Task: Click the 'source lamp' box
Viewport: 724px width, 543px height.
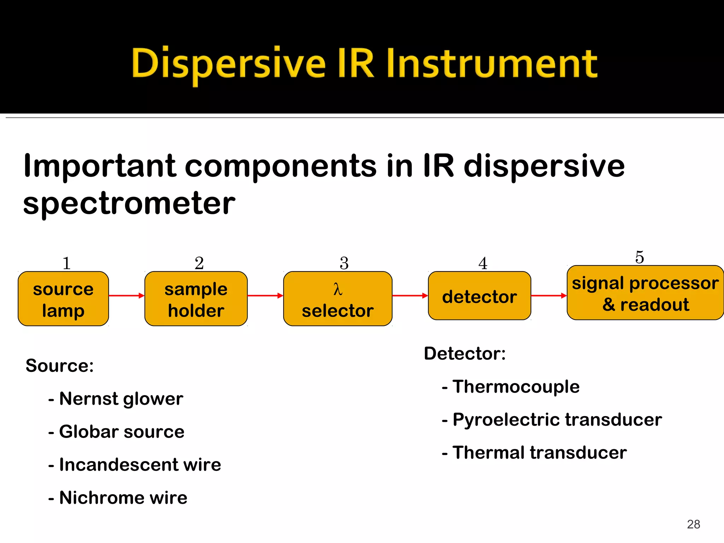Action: point(63,299)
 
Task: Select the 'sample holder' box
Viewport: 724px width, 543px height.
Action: point(196,299)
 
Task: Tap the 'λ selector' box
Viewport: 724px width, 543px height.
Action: point(338,299)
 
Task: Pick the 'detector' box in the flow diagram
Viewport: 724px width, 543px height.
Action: point(479,296)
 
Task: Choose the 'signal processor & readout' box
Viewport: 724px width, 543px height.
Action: point(645,293)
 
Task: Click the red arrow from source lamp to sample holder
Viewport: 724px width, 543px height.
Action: point(127,296)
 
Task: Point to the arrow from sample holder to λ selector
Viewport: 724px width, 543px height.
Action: point(265,296)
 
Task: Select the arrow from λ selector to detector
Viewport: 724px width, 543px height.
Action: point(410,296)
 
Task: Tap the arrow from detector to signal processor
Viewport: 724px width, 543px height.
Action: point(549,296)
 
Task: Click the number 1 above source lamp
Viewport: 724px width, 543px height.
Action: point(66,263)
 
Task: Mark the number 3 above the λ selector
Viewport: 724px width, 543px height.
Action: point(344,263)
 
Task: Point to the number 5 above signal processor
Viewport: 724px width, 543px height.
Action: point(640,257)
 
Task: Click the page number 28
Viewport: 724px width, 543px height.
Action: point(693,524)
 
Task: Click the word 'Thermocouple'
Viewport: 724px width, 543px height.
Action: point(516,386)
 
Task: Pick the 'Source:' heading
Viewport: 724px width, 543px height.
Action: point(59,366)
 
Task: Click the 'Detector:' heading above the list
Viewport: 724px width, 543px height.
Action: point(465,354)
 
